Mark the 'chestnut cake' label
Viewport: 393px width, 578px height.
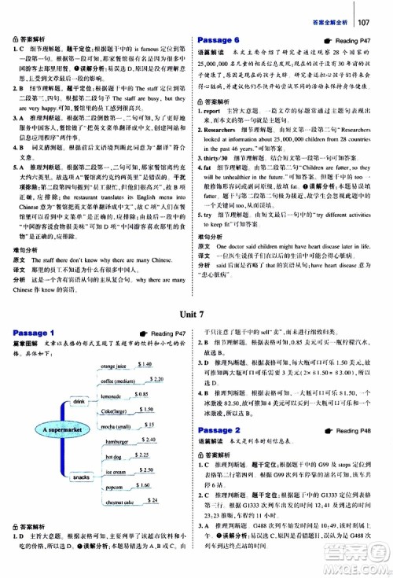coord(119,502)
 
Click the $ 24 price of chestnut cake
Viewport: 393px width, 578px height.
coord(154,500)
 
